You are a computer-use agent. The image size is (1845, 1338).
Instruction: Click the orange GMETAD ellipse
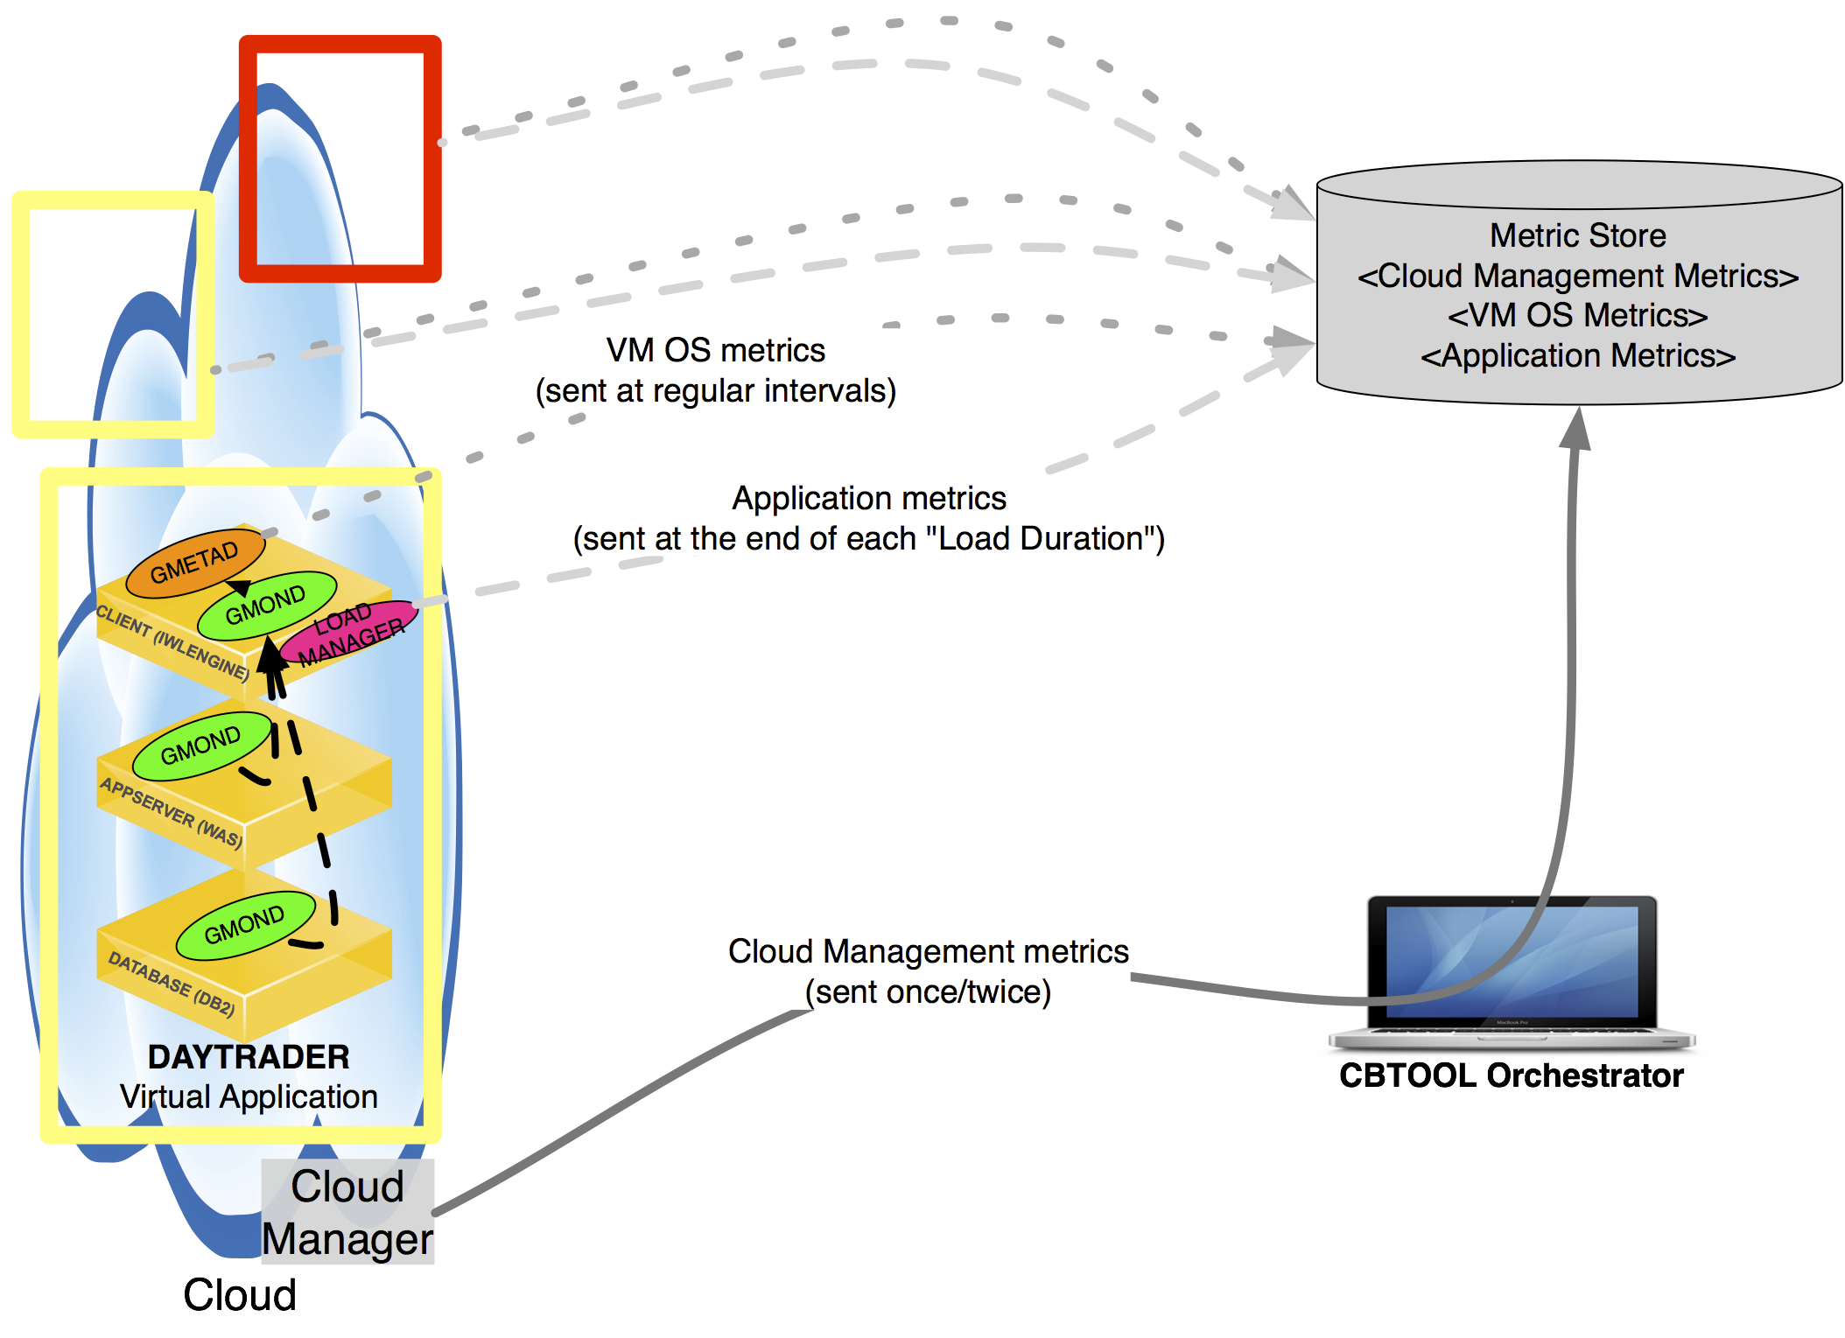(x=194, y=563)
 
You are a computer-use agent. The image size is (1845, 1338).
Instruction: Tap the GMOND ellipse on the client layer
(x=266, y=606)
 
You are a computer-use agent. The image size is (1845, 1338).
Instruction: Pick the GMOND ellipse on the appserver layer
(x=201, y=746)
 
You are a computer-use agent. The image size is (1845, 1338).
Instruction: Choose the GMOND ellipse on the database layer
(x=245, y=925)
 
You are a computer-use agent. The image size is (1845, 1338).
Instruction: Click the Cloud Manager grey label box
(x=347, y=1212)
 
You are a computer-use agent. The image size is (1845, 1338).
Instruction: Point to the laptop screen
(x=1512, y=961)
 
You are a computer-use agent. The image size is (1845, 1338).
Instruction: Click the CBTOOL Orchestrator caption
(x=1511, y=1075)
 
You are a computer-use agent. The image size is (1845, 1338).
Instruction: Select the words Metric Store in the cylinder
(x=1578, y=235)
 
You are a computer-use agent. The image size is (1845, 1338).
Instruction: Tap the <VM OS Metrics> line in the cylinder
(x=1578, y=315)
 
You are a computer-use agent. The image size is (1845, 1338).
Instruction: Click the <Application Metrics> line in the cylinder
(x=1578, y=356)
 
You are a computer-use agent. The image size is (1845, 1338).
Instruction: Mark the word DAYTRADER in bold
(x=249, y=1057)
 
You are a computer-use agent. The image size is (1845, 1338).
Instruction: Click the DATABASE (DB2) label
(x=172, y=984)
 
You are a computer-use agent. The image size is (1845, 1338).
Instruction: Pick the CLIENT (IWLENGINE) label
(x=172, y=642)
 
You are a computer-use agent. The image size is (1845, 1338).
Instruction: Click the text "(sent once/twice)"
(x=928, y=992)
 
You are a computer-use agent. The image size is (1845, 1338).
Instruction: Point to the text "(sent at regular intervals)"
(x=716, y=391)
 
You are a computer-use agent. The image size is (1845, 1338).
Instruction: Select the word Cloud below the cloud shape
(x=240, y=1295)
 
